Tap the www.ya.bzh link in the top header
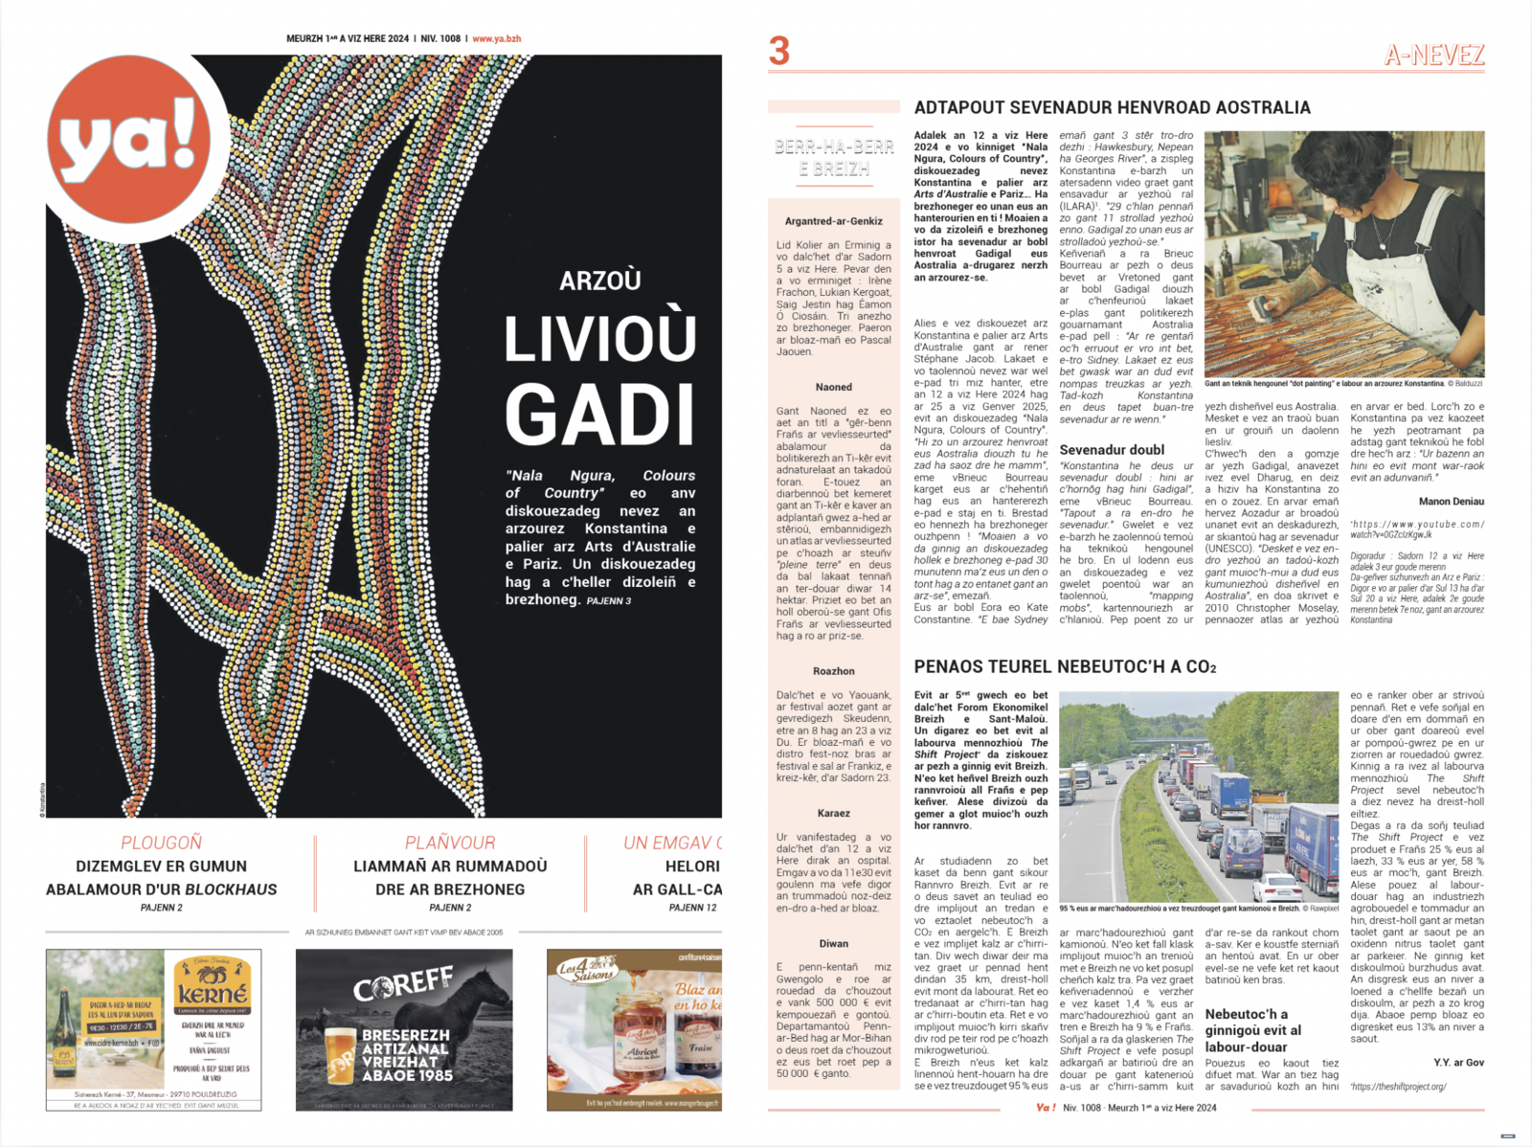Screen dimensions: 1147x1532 tap(496, 39)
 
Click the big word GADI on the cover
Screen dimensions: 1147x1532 tap(599, 415)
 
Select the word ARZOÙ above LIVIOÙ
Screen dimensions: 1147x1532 tap(599, 281)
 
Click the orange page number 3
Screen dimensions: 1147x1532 tap(779, 51)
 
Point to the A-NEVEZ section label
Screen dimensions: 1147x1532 tap(1433, 56)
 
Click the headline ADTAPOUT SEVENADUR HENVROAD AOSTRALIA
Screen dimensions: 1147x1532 tap(1112, 108)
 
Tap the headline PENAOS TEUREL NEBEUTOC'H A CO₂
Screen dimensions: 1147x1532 tap(1065, 666)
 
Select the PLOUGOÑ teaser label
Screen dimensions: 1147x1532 tap(161, 843)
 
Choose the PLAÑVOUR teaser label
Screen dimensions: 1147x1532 tap(449, 843)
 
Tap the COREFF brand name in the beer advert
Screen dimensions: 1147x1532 tap(403, 983)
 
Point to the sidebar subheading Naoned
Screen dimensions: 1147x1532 tap(833, 387)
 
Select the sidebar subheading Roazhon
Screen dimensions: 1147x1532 tap(833, 671)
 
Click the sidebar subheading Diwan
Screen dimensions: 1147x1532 tap(833, 943)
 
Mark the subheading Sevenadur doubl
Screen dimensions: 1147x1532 tap(1112, 449)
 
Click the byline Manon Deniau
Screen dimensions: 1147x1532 tap(1451, 501)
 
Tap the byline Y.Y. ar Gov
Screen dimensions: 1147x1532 tap(1458, 1062)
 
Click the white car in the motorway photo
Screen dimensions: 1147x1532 tap(1280, 887)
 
